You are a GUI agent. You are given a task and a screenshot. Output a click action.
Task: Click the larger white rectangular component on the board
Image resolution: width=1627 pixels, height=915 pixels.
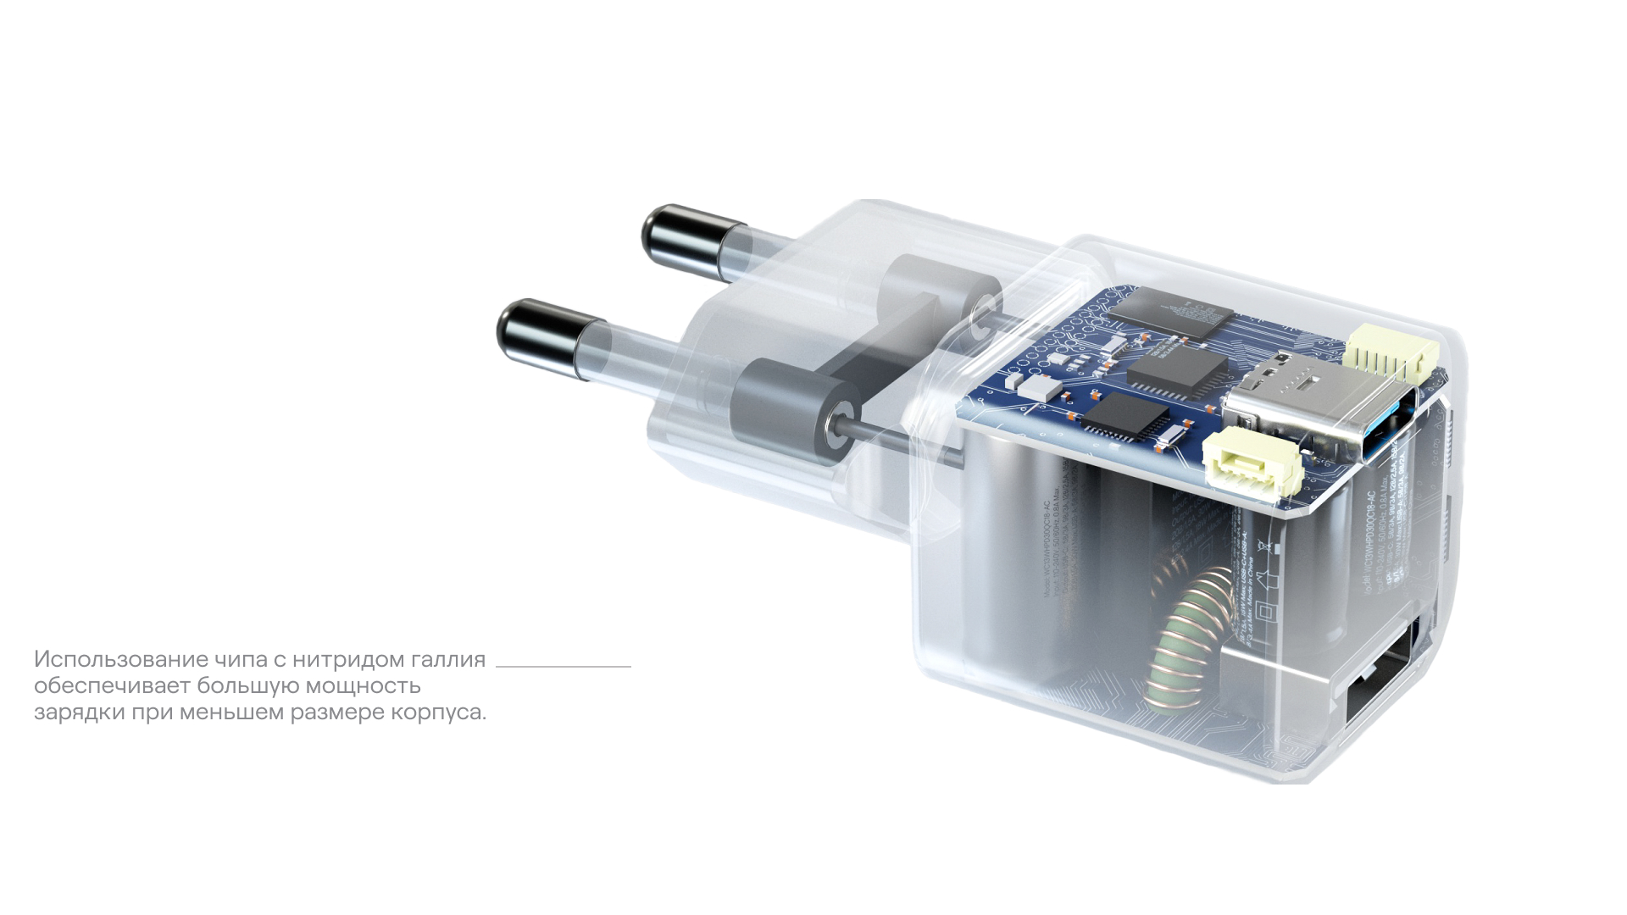pyautogui.click(x=1042, y=388)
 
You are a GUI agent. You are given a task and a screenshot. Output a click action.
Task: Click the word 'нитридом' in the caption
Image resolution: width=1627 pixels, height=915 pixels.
pyautogui.click(x=348, y=659)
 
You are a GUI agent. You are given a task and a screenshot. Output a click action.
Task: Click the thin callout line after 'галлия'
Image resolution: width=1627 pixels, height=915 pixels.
pyautogui.click(x=564, y=667)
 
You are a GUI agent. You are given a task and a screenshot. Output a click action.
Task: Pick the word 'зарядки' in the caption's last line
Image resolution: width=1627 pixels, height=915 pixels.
pyautogui.click(x=80, y=712)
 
